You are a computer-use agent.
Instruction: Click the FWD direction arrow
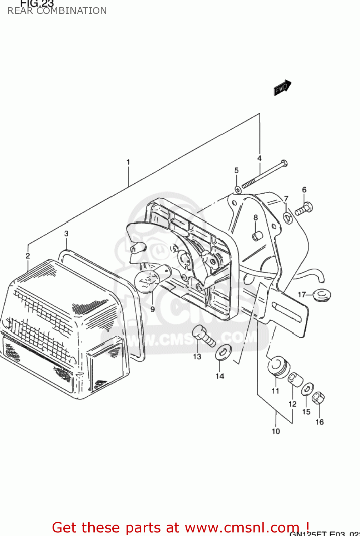pyautogui.click(x=282, y=88)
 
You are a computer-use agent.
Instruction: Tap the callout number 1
pyautogui.click(x=128, y=162)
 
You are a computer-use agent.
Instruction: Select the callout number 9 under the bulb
pyautogui.click(x=153, y=309)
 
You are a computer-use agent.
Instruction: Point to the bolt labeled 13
pyautogui.click(x=202, y=335)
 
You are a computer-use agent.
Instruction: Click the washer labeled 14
pyautogui.click(x=223, y=352)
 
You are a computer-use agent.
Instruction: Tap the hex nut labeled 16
pyautogui.click(x=318, y=397)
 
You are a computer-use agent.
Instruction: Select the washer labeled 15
pyautogui.click(x=307, y=389)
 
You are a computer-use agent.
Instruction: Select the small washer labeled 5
pyautogui.click(x=238, y=189)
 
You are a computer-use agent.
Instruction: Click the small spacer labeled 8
pyautogui.click(x=256, y=236)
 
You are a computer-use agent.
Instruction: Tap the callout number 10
pyautogui.click(x=276, y=431)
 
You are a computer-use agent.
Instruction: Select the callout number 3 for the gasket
pyautogui.click(x=66, y=234)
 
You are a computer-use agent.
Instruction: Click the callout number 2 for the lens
pyautogui.click(x=28, y=256)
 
